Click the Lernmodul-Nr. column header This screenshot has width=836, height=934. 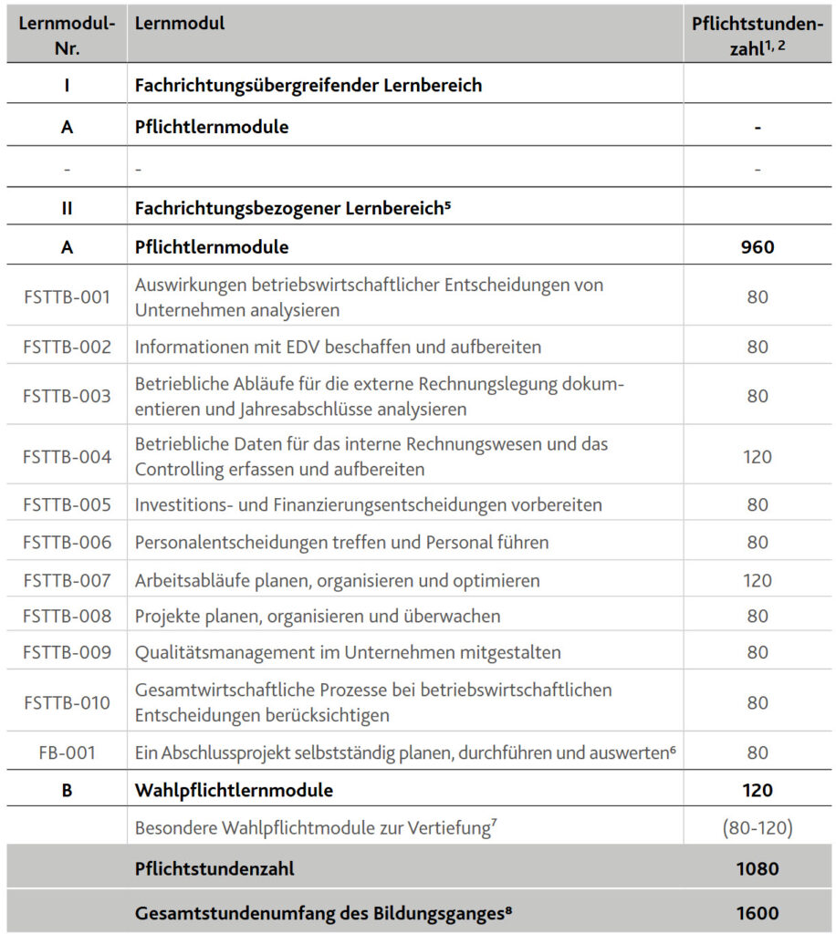tap(67, 35)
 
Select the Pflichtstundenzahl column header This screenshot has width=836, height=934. tap(758, 35)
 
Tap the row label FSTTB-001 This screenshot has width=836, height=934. tap(67, 297)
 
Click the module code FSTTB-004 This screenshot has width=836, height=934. tap(67, 456)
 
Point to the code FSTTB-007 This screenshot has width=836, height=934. tap(67, 580)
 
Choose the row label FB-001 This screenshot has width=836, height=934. tap(67, 752)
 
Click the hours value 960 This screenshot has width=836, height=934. tap(758, 247)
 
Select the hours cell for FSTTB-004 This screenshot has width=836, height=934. tap(758, 456)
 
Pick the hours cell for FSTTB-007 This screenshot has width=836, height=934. tap(758, 580)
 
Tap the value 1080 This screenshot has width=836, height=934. tap(758, 868)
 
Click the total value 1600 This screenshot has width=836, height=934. tap(758, 912)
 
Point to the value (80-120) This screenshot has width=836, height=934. tap(758, 829)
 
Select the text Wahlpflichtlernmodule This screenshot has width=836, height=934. tap(234, 790)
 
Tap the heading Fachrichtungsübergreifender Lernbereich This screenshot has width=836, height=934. tap(308, 86)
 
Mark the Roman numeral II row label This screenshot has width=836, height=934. tap(67, 207)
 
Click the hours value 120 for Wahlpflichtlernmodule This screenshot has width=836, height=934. tap(758, 790)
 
